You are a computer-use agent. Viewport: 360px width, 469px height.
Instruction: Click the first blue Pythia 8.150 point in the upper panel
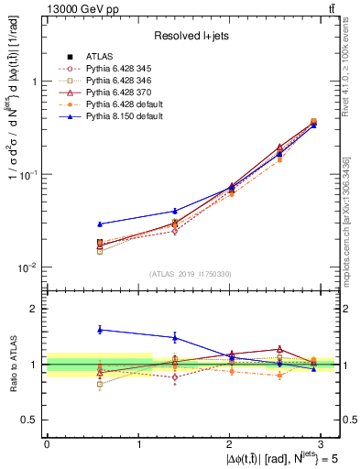coord(101,224)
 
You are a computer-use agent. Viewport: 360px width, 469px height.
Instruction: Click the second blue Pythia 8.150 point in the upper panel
coord(175,211)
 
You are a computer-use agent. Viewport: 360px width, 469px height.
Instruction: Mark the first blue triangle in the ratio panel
coord(101,329)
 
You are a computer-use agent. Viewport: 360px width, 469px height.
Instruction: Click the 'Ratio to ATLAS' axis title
coord(12,363)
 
